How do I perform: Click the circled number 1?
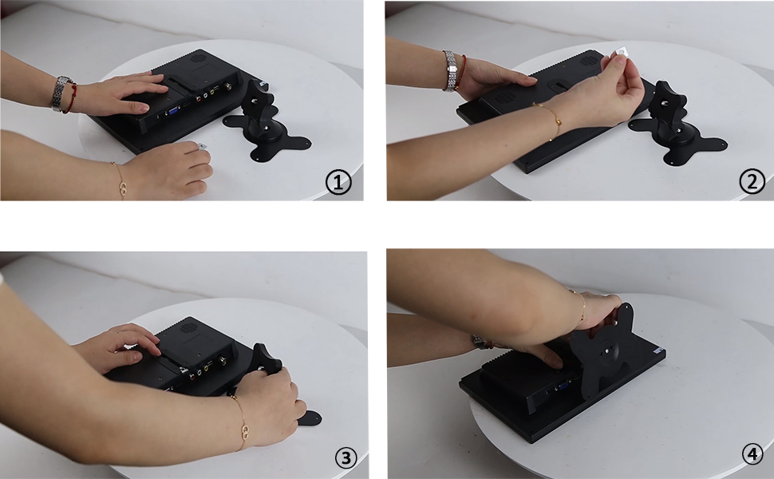coord(338,182)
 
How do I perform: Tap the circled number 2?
coord(752,181)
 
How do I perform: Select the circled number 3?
coord(346,457)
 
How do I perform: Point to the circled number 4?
coord(752,453)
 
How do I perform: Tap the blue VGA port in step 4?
coord(563,388)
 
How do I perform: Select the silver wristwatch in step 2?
coord(450,71)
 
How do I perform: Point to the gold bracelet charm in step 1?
coord(124,188)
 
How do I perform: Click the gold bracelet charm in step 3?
coord(245,432)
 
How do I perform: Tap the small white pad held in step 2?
coord(619,53)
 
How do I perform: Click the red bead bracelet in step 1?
coord(72,97)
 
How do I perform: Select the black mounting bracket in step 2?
coord(677,127)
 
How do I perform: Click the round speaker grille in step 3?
coord(187,327)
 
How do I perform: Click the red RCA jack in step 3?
coord(192,376)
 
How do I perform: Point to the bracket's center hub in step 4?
coord(606,351)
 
